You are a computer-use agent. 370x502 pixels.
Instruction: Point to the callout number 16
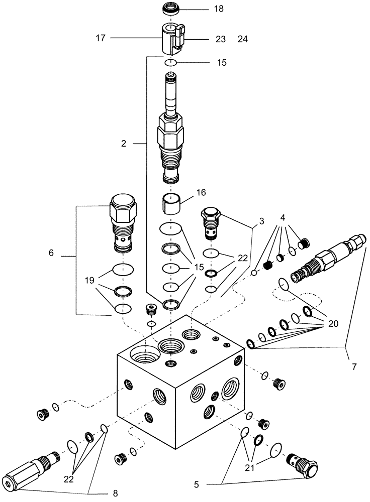201,192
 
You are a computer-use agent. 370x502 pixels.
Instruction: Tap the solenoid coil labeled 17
172,39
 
